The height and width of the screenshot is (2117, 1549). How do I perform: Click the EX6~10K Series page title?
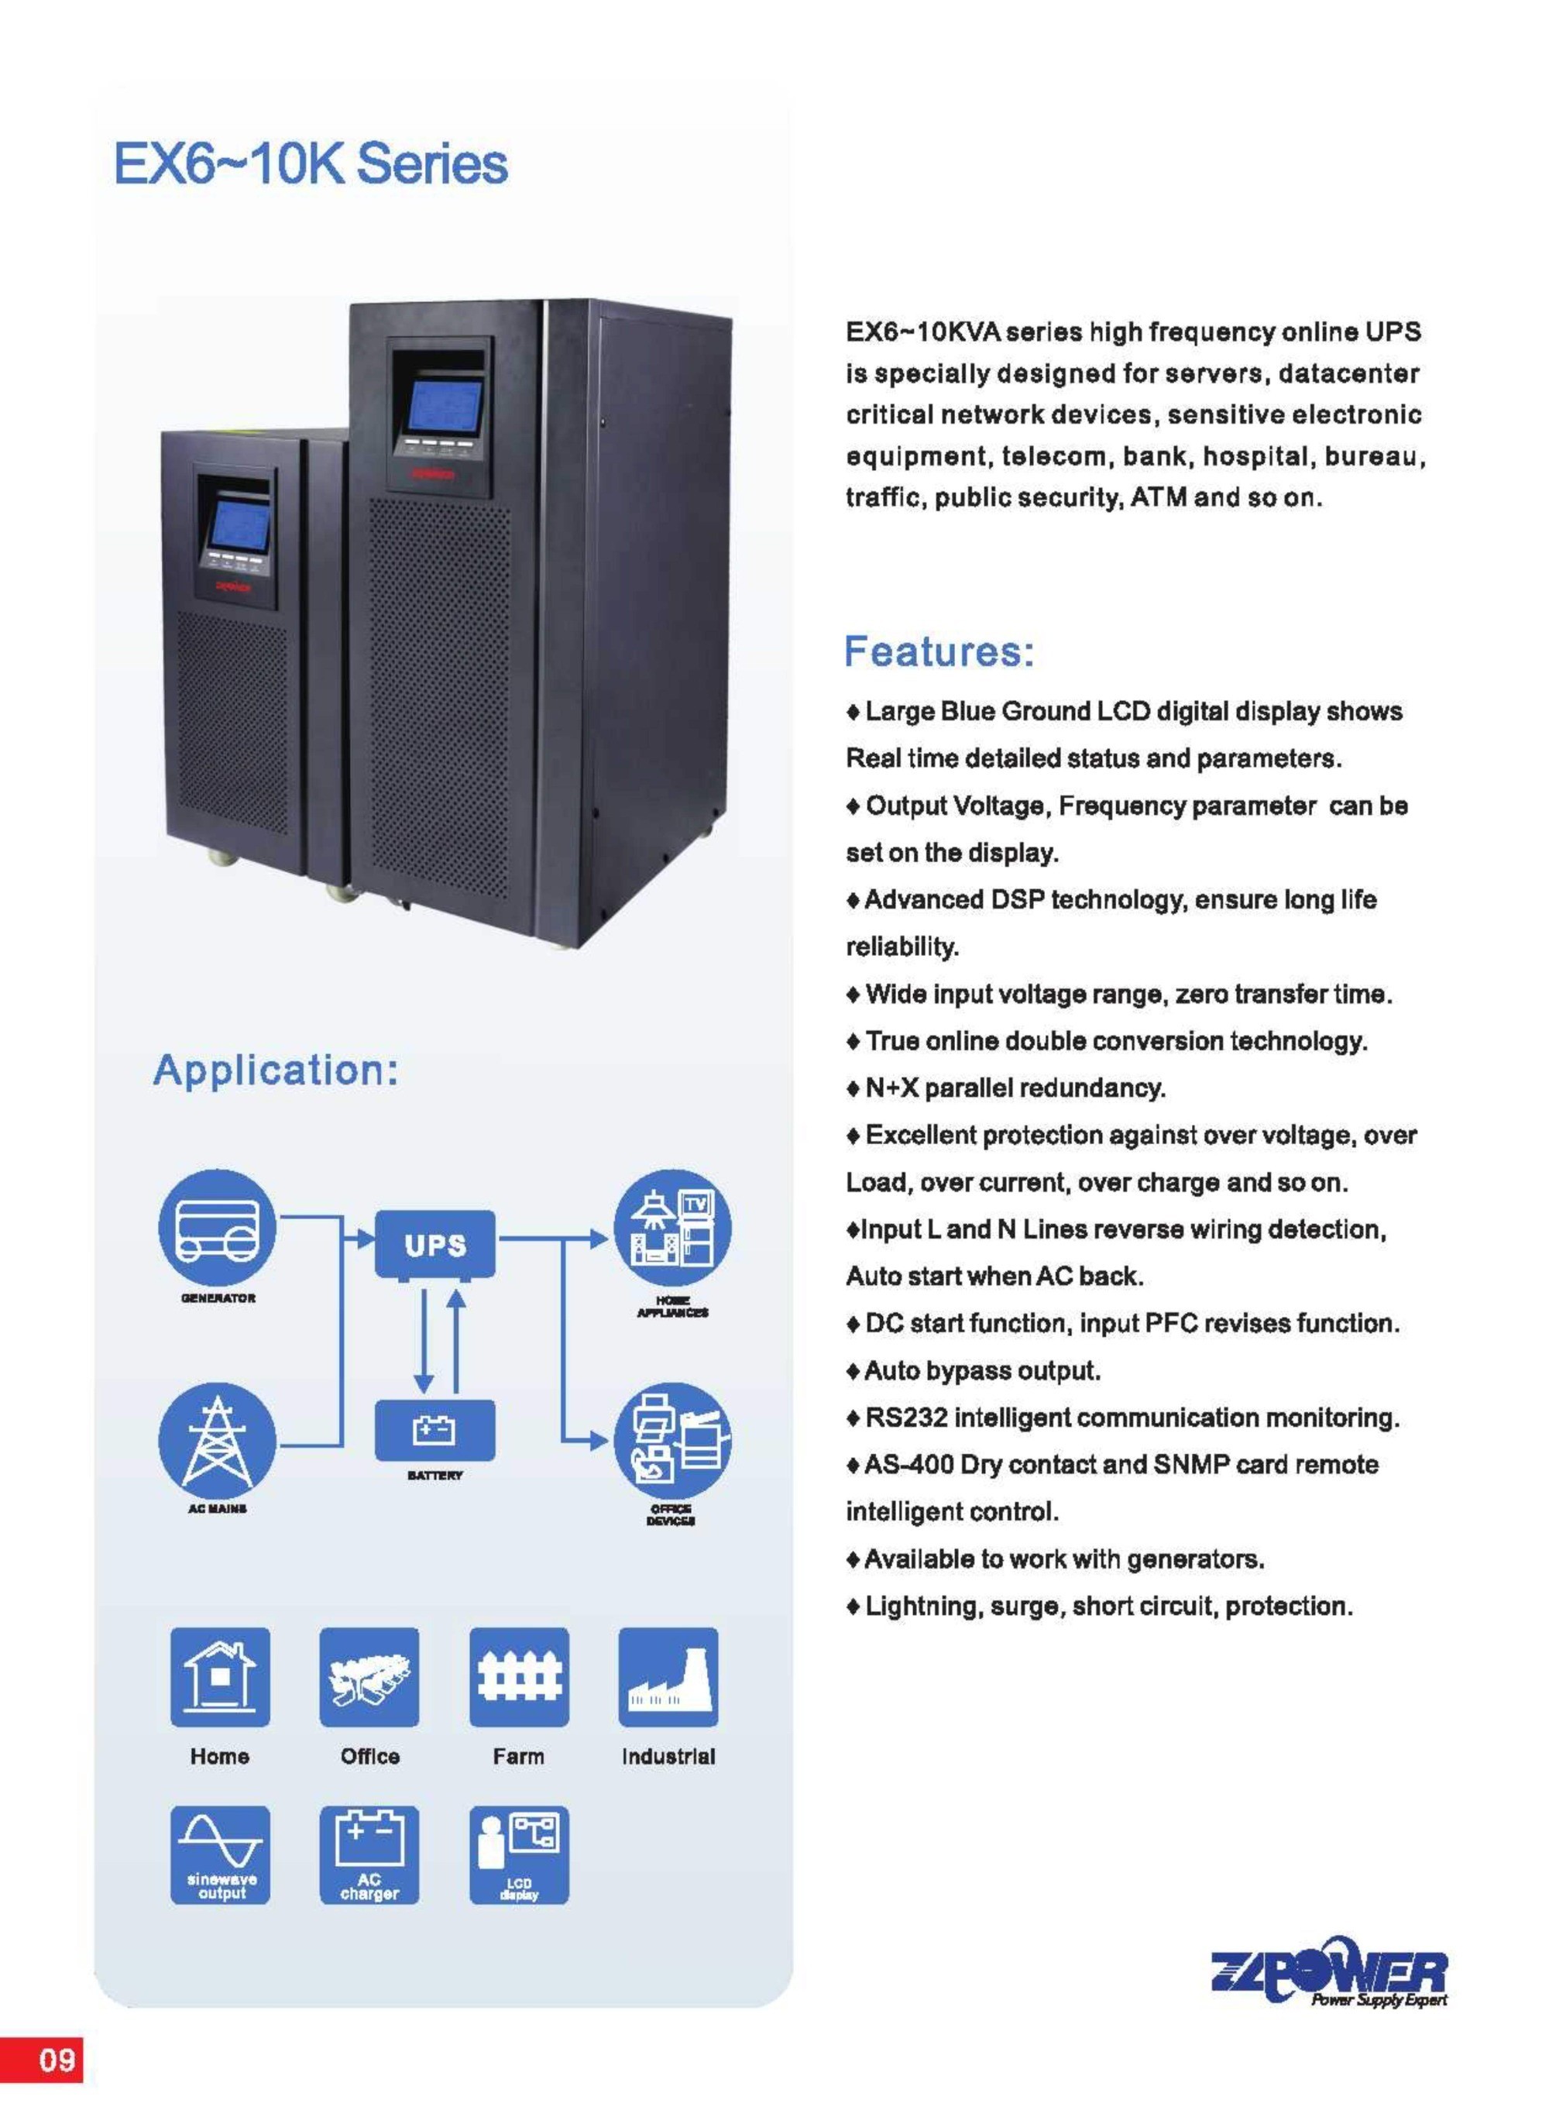311,164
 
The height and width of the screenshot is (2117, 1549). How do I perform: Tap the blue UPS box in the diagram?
435,1244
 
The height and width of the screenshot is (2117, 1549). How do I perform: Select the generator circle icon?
218,1229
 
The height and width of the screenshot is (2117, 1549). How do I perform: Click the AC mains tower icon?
218,1440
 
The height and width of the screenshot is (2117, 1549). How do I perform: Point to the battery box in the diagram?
435,1430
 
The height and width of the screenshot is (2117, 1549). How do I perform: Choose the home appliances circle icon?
672,1229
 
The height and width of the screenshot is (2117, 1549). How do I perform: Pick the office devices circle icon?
672,1440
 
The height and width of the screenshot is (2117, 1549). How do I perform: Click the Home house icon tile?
219,1677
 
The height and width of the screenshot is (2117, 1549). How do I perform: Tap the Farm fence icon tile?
518,1677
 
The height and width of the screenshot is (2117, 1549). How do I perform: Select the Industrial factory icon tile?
668,1677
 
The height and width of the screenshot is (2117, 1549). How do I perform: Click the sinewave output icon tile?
219,1855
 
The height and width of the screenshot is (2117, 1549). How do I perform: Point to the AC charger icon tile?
369,1855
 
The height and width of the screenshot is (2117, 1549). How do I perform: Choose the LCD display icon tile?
518,1855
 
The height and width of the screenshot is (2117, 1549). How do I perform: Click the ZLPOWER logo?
1328,1971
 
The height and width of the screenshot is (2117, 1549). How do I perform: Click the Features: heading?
939,651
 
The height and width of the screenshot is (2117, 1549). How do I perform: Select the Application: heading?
276,1070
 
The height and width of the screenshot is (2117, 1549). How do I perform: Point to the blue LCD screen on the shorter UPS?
239,524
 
